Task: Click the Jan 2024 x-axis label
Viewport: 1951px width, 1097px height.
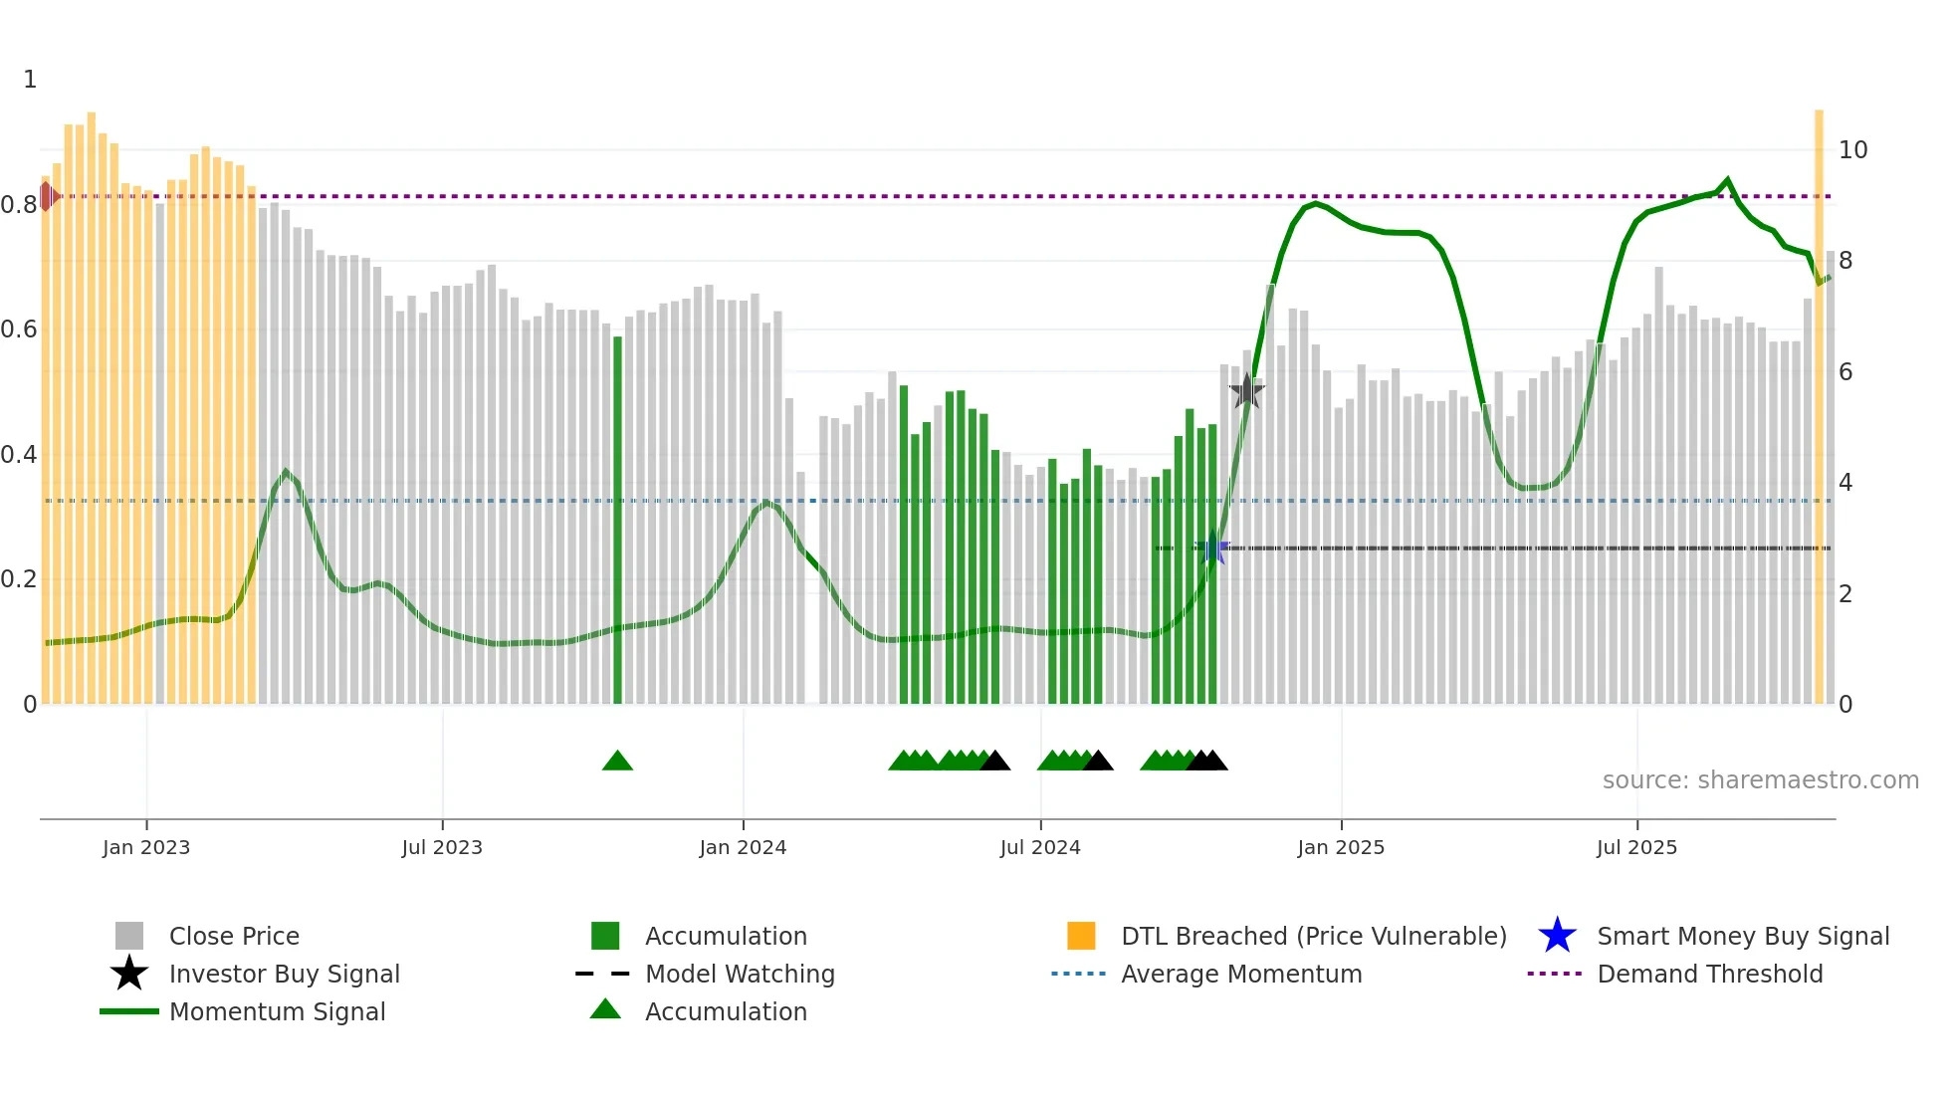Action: point(743,847)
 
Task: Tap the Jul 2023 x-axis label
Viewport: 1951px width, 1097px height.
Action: point(442,847)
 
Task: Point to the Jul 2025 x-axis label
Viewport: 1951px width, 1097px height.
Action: point(1636,847)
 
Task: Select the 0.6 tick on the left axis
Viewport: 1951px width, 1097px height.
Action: point(20,329)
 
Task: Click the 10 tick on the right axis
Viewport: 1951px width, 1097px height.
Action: point(1852,150)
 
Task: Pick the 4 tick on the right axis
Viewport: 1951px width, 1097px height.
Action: point(1845,483)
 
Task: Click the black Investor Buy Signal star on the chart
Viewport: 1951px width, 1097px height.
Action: point(1246,391)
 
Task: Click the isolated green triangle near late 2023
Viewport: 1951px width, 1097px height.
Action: point(617,762)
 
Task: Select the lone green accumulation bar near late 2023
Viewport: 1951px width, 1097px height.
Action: point(617,518)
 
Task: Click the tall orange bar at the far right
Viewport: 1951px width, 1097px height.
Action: point(1819,398)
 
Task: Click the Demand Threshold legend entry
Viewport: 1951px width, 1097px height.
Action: point(1709,974)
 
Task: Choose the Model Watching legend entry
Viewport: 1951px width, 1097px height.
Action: point(740,974)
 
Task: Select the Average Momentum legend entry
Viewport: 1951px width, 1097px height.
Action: point(1240,974)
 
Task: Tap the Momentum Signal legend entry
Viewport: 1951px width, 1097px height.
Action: point(277,1011)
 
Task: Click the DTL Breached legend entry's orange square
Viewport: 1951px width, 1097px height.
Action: point(1081,936)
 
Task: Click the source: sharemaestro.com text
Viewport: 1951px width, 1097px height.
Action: point(1760,780)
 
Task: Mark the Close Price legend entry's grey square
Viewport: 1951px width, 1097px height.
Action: point(129,936)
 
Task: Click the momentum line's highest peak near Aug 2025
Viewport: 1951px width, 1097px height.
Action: point(1727,180)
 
